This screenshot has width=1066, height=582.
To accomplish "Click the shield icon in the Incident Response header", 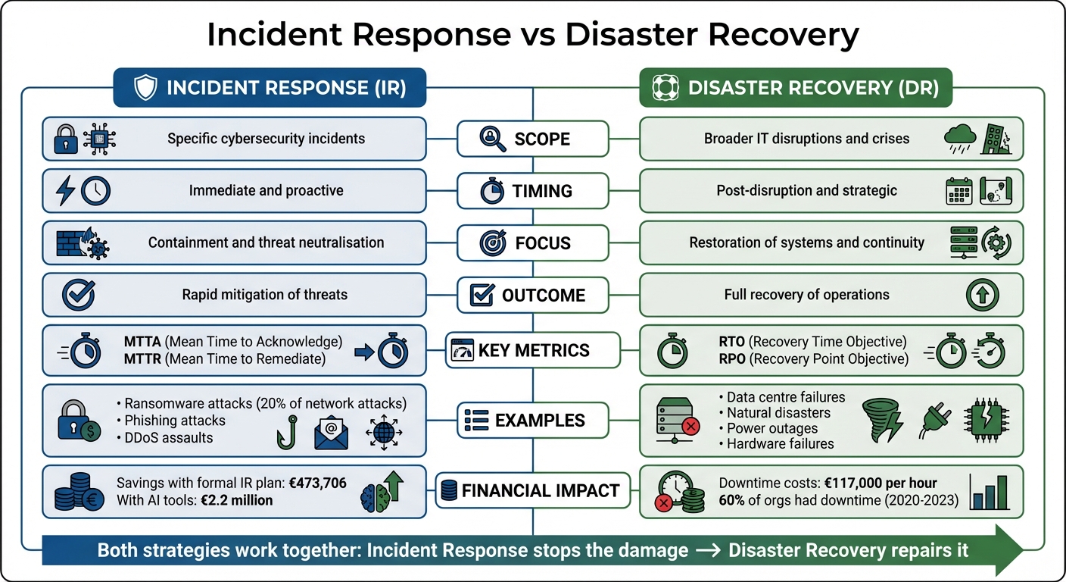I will coord(145,88).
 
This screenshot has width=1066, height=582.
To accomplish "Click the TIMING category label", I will coord(542,191).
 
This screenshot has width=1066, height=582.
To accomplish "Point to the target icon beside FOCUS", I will coord(493,243).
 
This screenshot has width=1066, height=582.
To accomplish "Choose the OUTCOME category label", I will coord(544,295).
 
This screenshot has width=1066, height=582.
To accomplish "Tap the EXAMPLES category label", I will coord(540,420).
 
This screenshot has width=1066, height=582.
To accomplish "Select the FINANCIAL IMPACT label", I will coord(540,490).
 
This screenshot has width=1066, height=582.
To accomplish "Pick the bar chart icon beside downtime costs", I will coord(990,493).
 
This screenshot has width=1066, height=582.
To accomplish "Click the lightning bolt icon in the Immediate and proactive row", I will coord(65,190).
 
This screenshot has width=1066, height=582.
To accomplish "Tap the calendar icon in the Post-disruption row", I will coord(959,192).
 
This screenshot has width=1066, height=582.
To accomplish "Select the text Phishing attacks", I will coord(175,421).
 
